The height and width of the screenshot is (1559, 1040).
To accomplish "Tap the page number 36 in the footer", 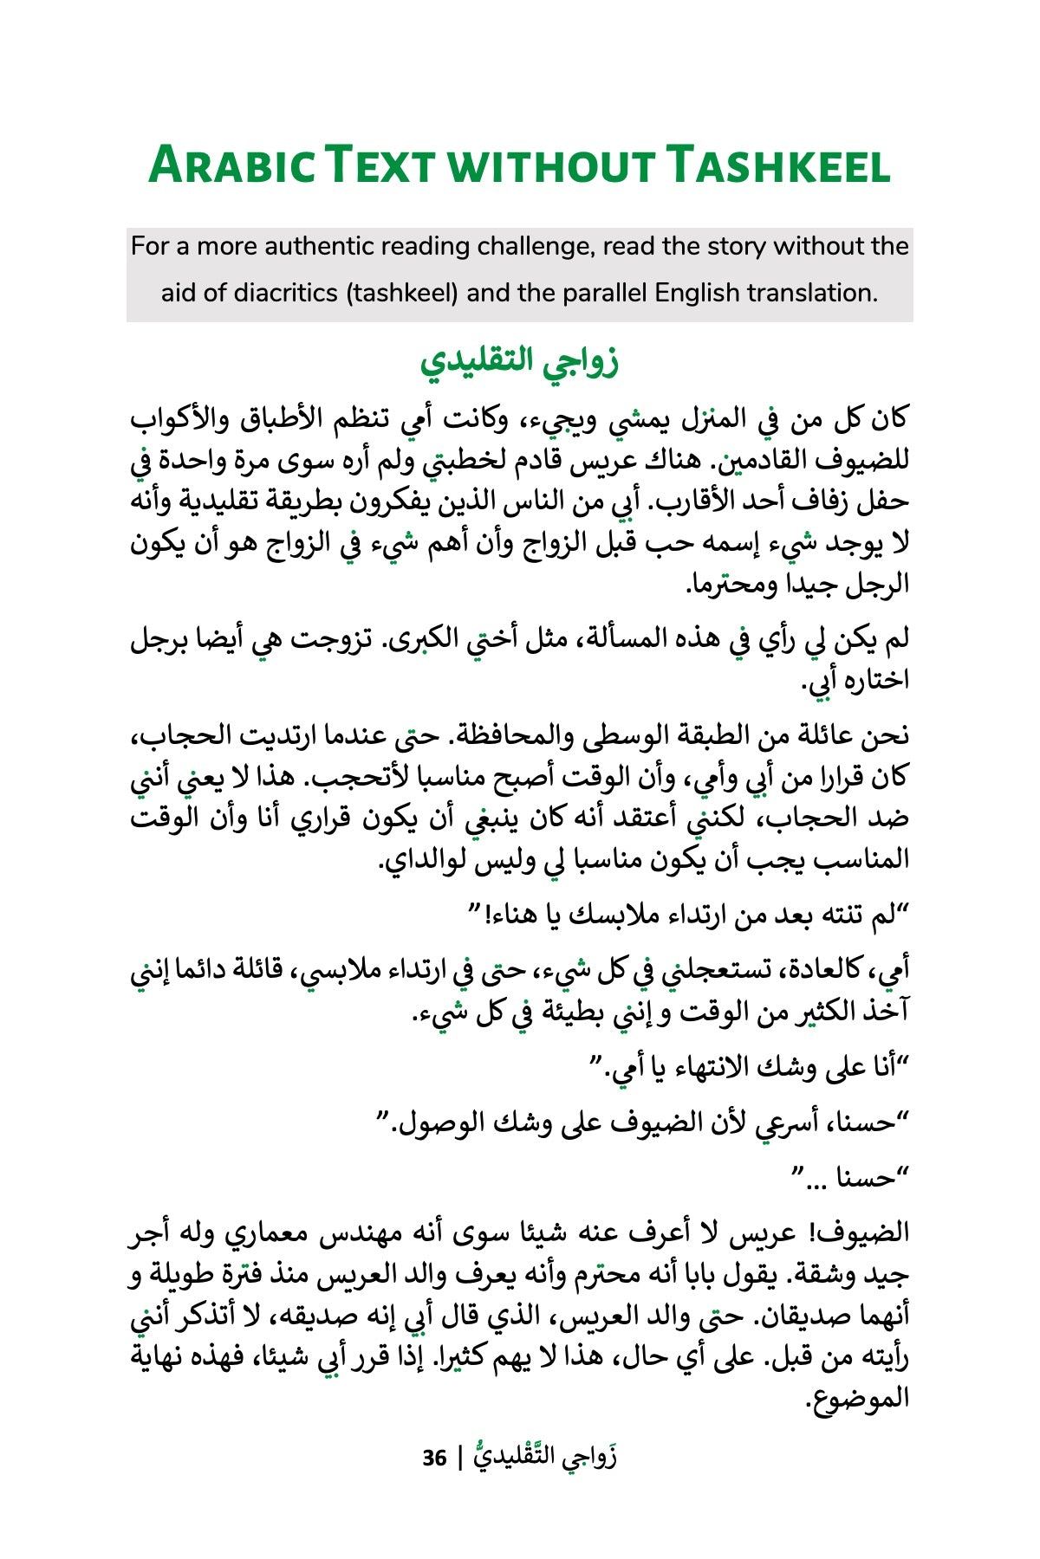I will [434, 1458].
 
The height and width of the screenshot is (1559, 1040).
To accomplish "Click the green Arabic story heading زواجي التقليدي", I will [519, 361].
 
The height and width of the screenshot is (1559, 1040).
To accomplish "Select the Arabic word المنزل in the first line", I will [686, 420].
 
